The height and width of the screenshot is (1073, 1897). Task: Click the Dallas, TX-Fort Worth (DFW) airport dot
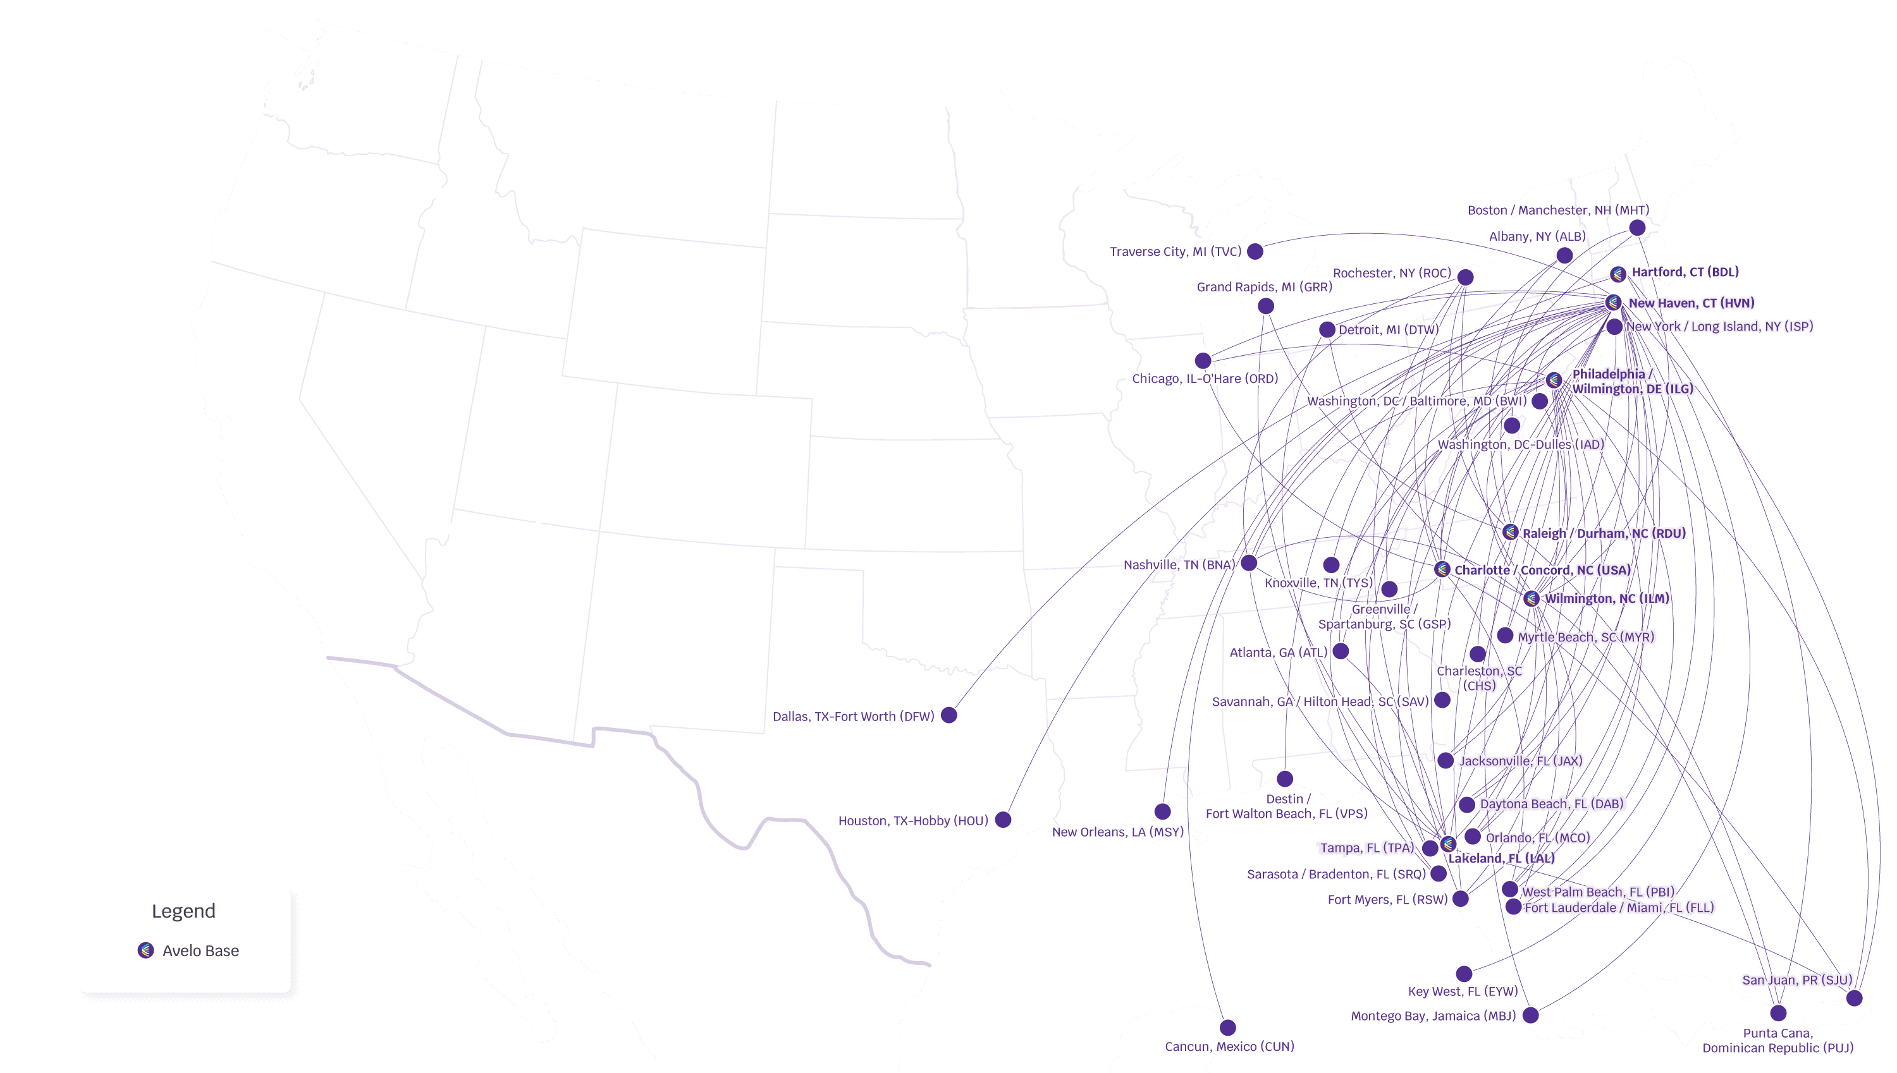pyautogui.click(x=949, y=715)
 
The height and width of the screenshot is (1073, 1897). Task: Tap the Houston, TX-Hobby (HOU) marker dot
pyautogui.click(x=1003, y=820)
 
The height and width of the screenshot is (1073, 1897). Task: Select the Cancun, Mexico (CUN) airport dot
pyautogui.click(x=1227, y=1028)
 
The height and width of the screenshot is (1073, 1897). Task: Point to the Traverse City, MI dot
pyautogui.click(x=1255, y=252)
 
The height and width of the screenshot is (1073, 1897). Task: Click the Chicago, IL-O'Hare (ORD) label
pyautogui.click(x=1205, y=379)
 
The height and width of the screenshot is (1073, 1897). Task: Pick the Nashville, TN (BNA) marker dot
pyautogui.click(x=1249, y=563)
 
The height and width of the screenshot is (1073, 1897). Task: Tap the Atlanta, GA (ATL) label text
pyautogui.click(x=1278, y=652)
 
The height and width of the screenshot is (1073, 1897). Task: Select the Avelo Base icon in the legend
pyautogui.click(x=146, y=950)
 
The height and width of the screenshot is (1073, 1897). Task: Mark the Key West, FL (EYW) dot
pyautogui.click(x=1464, y=974)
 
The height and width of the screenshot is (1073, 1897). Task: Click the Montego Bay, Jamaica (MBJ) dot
pyautogui.click(x=1531, y=1015)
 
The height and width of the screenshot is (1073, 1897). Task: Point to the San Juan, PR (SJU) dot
pyautogui.click(x=1854, y=998)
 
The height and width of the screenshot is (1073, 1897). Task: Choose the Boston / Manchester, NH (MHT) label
pyautogui.click(x=1558, y=210)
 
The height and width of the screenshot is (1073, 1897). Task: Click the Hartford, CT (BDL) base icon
pyautogui.click(x=1618, y=274)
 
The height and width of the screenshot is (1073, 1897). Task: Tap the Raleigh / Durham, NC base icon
pyautogui.click(x=1510, y=532)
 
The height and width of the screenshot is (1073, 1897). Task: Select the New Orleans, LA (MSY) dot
pyautogui.click(x=1163, y=811)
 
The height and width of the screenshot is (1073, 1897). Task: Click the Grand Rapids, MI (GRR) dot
pyautogui.click(x=1266, y=306)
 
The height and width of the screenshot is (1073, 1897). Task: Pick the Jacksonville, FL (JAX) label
pyautogui.click(x=1520, y=761)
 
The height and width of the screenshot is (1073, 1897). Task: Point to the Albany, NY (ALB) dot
pyautogui.click(x=1564, y=256)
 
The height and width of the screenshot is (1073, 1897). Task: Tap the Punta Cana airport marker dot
pyautogui.click(x=1778, y=1012)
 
